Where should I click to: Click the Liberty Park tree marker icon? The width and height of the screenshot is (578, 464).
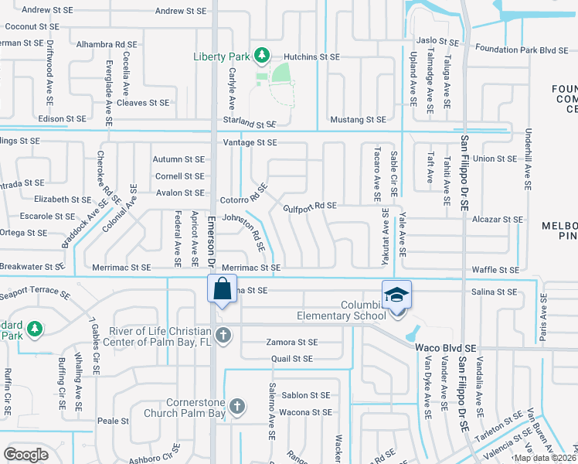pos(263,55)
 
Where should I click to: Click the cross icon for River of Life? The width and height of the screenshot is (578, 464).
pos(223,334)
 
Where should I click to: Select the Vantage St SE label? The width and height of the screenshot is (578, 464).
pos(250,143)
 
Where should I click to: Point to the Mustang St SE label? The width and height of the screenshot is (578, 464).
pos(358,120)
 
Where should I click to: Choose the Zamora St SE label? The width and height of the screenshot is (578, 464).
pos(292,342)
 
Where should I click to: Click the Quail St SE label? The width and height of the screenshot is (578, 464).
pos(292,359)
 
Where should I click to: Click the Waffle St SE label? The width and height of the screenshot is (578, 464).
pos(498,270)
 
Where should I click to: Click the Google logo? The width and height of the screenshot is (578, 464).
pos(25,454)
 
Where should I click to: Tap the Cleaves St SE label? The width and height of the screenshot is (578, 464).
pos(143,102)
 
